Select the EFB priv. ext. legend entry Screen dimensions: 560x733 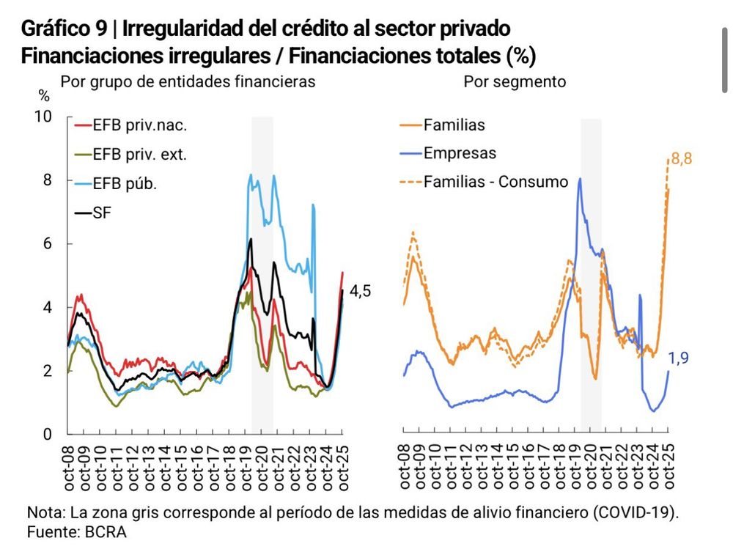(x=139, y=155)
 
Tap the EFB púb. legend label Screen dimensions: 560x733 (x=125, y=184)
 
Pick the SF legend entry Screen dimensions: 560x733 (x=102, y=213)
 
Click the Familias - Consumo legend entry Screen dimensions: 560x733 (x=496, y=182)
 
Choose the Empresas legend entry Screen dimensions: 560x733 (x=460, y=153)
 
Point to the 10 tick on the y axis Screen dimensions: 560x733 (x=44, y=117)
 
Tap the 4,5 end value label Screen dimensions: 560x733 (x=360, y=291)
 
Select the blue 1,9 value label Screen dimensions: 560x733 (x=679, y=358)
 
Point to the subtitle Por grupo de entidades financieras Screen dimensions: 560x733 (x=188, y=82)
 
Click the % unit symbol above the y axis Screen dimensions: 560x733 (x=44, y=96)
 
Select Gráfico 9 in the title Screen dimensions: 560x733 (x=65, y=29)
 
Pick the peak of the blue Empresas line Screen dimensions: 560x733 (x=580, y=179)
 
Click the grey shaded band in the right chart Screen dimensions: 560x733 (x=592, y=293)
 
